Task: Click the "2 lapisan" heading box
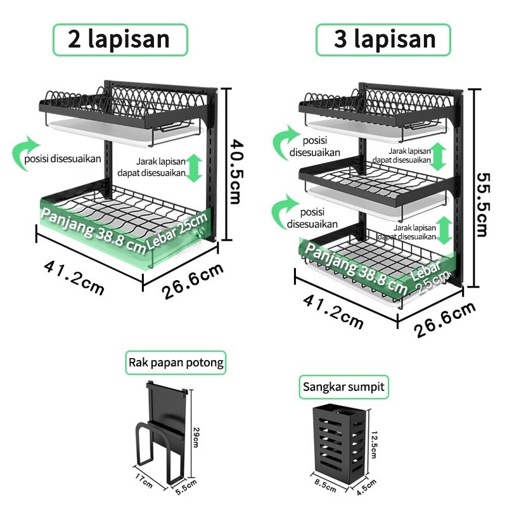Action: pos(120,40)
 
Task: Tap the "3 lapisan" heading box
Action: pos(383,40)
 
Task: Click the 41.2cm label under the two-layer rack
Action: pos(74,278)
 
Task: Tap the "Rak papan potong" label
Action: pos(176,363)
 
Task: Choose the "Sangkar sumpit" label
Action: pos(343,387)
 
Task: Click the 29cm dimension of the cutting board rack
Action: pos(196,437)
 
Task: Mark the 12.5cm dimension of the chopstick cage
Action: pos(373,445)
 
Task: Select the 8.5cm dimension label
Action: pos(325,486)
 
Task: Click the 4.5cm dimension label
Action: pos(366,487)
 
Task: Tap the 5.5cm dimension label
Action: pos(186,487)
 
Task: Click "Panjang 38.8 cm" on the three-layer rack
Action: pos(356,268)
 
